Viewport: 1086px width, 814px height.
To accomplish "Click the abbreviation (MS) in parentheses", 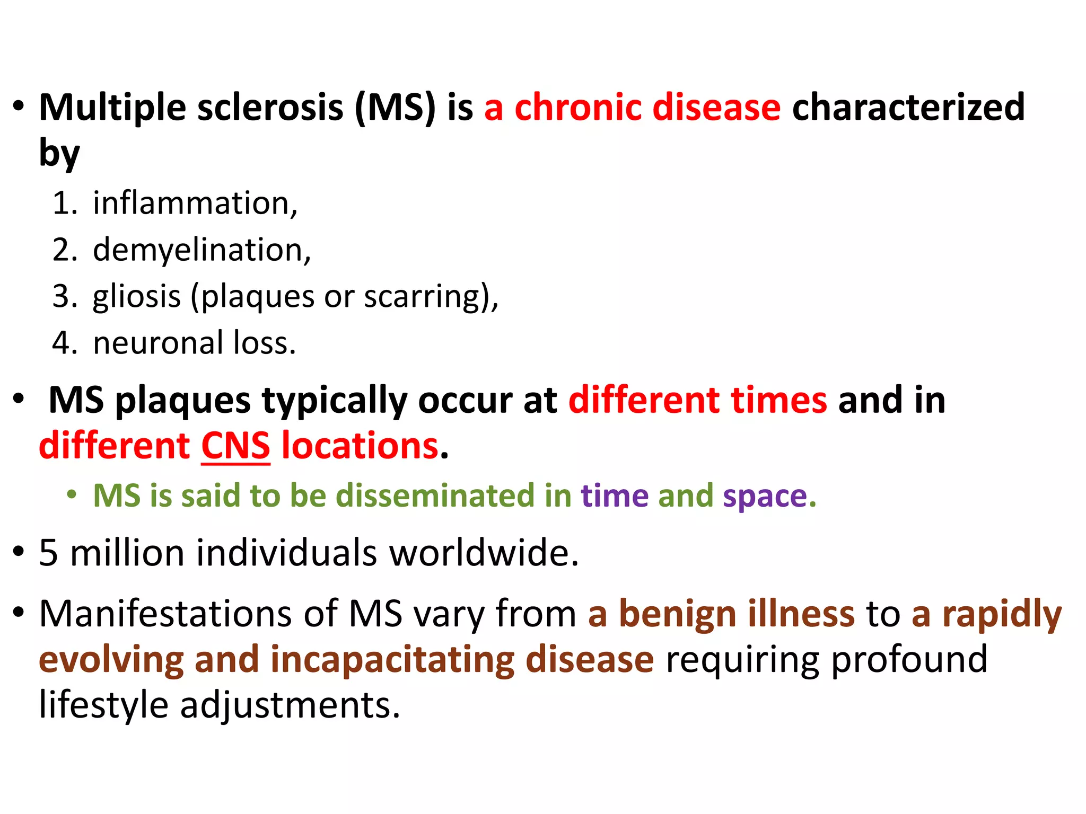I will pyautogui.click(x=395, y=108).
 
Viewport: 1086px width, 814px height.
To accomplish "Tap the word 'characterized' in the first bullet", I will pyautogui.click(x=908, y=108).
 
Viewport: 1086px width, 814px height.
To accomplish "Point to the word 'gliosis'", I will pyautogui.click(x=137, y=296).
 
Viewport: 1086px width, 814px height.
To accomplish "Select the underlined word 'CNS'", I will pyautogui.click(x=235, y=446).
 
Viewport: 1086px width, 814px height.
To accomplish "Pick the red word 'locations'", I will pyautogui.click(x=360, y=446).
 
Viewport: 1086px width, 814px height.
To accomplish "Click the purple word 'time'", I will pyautogui.click(x=615, y=496).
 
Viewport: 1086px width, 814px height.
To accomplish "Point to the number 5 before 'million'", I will pyautogui.click(x=48, y=553).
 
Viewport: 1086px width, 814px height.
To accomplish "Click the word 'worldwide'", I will pyautogui.click(x=483, y=553).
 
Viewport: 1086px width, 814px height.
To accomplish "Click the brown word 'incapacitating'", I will pyautogui.click(x=392, y=660).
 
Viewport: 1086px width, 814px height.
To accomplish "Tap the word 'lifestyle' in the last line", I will pyautogui.click(x=103, y=706).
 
